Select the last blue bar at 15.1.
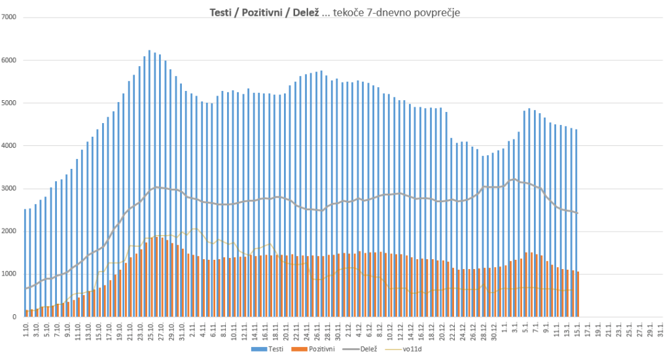click(x=576, y=223)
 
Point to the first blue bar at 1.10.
click(x=25, y=262)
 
